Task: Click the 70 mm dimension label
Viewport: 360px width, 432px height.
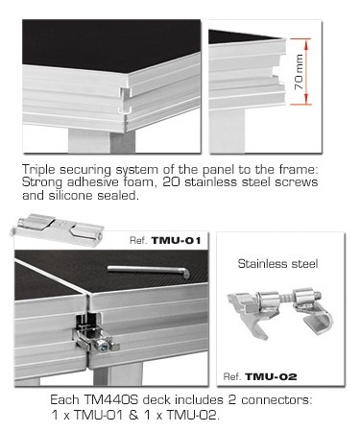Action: (x=299, y=72)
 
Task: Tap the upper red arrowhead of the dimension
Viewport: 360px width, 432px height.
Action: (x=306, y=44)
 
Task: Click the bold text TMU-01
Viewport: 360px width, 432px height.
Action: (x=176, y=240)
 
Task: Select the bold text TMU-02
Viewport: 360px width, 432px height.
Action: (x=271, y=376)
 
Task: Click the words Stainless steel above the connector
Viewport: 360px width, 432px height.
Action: (x=277, y=264)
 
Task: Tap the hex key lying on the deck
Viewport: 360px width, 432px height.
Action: (x=149, y=271)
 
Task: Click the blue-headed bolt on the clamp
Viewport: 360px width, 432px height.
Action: (x=102, y=345)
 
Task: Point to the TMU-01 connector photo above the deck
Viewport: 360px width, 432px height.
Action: (x=57, y=228)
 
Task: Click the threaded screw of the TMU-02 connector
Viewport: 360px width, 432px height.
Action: (x=285, y=298)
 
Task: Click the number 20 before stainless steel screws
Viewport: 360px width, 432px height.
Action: (x=172, y=182)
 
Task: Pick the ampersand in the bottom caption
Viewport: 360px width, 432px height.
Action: (x=133, y=415)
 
